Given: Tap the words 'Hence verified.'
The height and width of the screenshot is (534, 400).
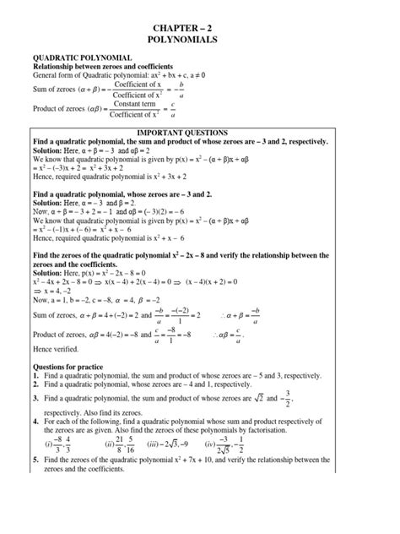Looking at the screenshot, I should click(55, 348).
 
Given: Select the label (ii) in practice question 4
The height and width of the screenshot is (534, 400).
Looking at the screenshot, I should click(109, 464).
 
